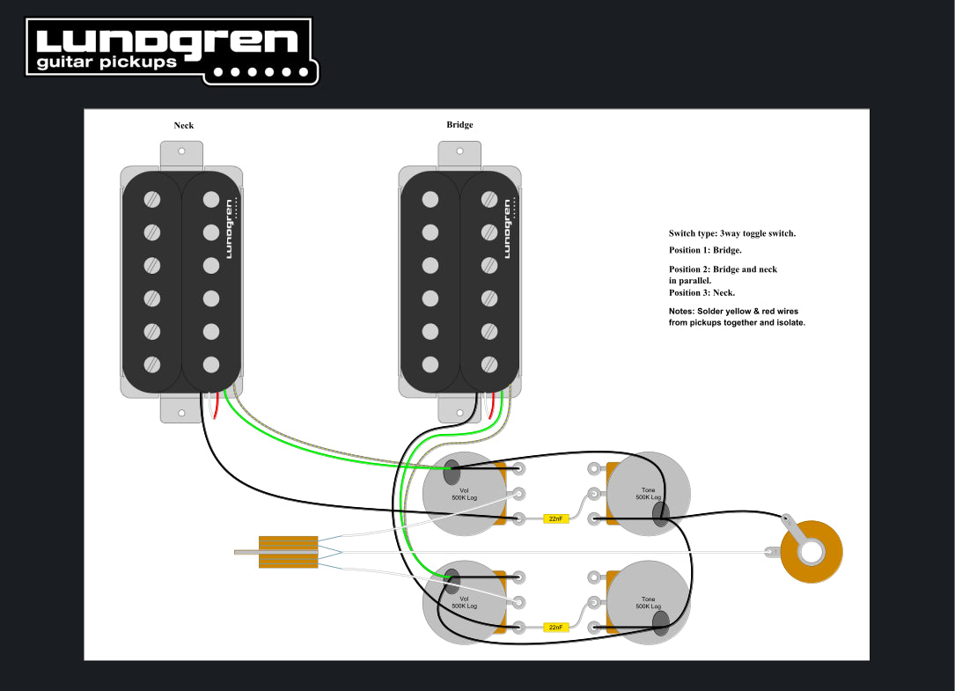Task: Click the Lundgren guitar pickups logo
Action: [x=172, y=50]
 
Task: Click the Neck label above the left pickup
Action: [x=183, y=125]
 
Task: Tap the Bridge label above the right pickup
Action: [x=459, y=125]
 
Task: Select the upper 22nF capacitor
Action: [x=556, y=518]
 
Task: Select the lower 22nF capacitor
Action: [x=556, y=627]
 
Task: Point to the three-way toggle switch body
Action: [x=288, y=552]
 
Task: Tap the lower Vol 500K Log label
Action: [x=464, y=602]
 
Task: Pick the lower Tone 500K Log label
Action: [x=649, y=602]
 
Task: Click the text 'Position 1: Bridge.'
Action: [x=705, y=250]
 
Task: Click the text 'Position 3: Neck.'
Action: [x=702, y=292]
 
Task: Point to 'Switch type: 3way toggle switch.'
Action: [x=732, y=233]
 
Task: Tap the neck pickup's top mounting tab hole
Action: [x=182, y=151]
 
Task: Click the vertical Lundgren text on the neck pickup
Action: [x=229, y=229]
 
